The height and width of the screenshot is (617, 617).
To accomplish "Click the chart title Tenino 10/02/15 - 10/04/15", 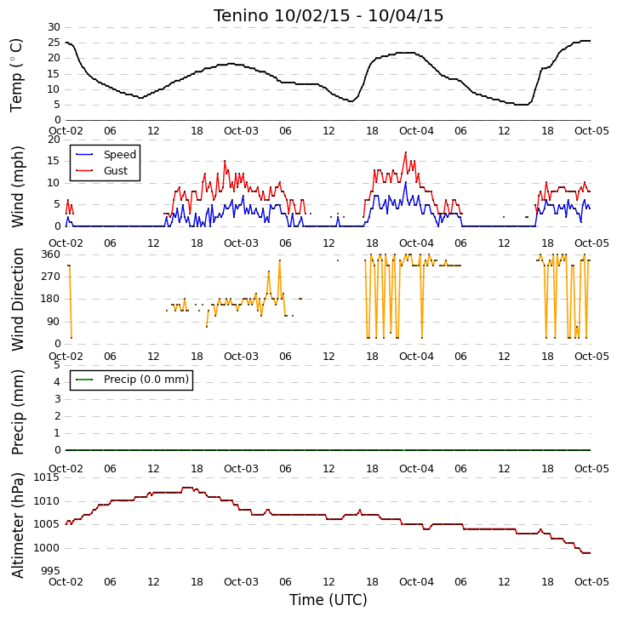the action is tap(328, 15).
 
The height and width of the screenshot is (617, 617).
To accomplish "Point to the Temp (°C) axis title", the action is tap(16, 75).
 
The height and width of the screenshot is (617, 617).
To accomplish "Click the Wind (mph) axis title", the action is tap(17, 187).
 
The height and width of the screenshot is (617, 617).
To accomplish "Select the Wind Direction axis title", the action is tap(17, 299).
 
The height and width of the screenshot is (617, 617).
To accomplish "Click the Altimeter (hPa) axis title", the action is tap(17, 525).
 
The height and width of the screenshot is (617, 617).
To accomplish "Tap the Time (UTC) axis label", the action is tap(328, 600).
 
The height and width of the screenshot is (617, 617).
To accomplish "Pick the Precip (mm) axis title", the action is tap(17, 413).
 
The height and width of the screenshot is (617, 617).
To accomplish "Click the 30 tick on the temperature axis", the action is tap(54, 27).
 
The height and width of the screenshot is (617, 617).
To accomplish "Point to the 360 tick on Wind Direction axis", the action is tap(51, 254).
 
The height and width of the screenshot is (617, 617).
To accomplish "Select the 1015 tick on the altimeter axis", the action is tap(47, 477).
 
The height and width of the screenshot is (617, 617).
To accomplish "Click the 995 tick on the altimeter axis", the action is tap(51, 570).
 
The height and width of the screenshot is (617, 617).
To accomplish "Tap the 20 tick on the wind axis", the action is tap(54, 140).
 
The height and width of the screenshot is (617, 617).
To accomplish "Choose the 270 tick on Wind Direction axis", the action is tap(51, 277).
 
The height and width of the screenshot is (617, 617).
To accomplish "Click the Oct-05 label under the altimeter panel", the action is tap(591, 581).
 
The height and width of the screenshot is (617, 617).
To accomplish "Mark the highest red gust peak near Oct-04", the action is tap(406, 152).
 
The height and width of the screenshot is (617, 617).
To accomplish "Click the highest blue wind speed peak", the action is tap(406, 182).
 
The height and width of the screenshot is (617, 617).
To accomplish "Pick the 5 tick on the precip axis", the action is tap(58, 365).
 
